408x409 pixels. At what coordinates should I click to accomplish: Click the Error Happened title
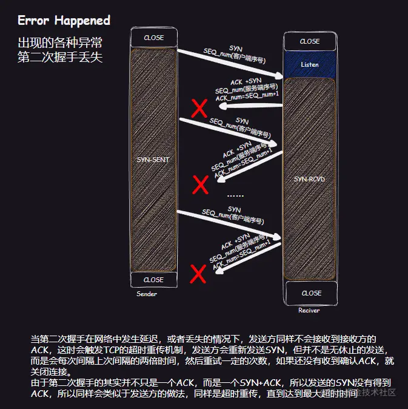(x=64, y=21)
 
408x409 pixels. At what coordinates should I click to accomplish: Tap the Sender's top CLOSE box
(x=153, y=38)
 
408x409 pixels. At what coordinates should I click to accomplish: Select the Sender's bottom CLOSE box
(x=153, y=280)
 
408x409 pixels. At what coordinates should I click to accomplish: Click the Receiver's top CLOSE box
(x=310, y=41)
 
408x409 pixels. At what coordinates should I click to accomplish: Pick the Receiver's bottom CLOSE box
(x=311, y=293)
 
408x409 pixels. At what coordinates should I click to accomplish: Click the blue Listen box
(x=310, y=64)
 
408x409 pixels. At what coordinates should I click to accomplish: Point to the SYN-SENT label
(x=153, y=160)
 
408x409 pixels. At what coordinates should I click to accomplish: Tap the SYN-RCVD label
(x=310, y=180)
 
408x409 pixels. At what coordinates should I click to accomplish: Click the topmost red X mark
(x=199, y=109)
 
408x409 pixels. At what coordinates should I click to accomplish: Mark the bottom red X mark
(x=198, y=274)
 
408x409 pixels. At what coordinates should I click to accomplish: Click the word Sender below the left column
(x=147, y=294)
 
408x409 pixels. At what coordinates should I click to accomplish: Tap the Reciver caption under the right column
(x=309, y=310)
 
